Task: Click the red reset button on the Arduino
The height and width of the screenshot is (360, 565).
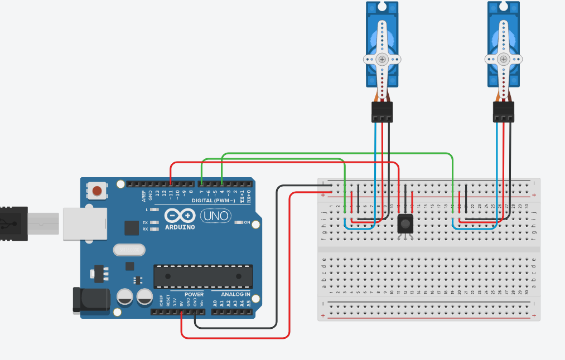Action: pos(97,191)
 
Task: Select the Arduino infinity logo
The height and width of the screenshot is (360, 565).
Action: pos(180,216)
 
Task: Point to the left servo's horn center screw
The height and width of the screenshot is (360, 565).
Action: pos(382,59)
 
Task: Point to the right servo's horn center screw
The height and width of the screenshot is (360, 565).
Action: pos(504,59)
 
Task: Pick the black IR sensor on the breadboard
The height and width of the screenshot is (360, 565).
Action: pos(405,225)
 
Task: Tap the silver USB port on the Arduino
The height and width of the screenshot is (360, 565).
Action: pos(84,223)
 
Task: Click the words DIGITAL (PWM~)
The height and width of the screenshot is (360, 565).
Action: pos(215,200)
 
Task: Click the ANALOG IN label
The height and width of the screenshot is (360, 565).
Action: pos(235,294)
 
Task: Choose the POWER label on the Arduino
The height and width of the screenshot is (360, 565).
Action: pos(194,294)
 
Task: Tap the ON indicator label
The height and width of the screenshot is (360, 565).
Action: pos(246,222)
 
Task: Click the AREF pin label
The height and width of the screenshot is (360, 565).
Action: pos(144,195)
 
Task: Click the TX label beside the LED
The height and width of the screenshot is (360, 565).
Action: pos(145,222)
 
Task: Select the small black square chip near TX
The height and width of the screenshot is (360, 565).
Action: pos(132,227)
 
